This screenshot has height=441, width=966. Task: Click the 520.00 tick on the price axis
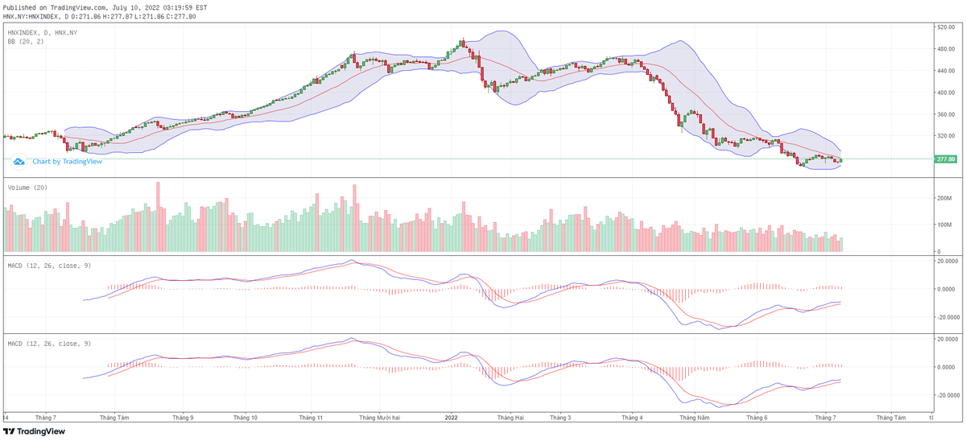[945, 27]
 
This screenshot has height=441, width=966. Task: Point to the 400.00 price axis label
[945, 93]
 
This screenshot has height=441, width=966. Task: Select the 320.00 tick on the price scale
[945, 136]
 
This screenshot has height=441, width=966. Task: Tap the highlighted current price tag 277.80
[945, 159]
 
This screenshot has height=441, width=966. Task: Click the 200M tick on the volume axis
[943, 197]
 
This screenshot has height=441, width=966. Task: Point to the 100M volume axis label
[943, 225]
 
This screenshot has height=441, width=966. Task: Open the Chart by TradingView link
[67, 162]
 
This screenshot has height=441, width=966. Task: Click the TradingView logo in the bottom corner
[34, 431]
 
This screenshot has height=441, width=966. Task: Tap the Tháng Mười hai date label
[380, 418]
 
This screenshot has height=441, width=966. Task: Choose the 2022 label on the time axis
[451, 418]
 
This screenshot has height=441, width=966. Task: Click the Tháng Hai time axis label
[510, 418]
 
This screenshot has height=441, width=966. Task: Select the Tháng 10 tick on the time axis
[245, 418]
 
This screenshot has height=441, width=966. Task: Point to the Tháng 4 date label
[631, 418]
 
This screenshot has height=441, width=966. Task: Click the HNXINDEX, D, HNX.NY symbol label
[42, 32]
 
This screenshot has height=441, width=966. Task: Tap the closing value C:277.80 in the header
[180, 16]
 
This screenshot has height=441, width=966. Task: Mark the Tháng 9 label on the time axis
[182, 418]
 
